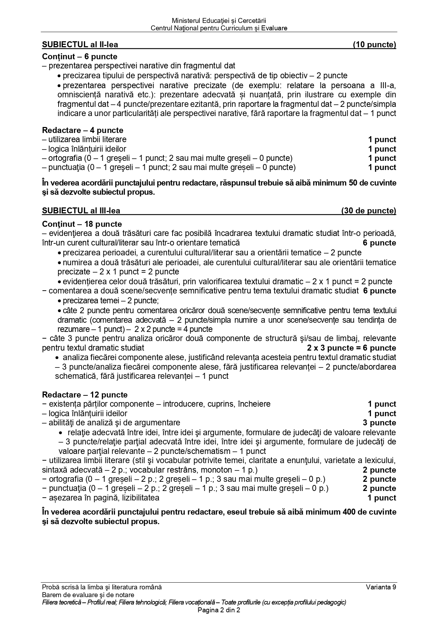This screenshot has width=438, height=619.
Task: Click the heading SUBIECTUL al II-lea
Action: click(x=80, y=45)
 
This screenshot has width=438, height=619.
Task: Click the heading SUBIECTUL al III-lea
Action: click(x=81, y=211)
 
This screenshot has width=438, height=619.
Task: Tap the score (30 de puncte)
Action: click(x=368, y=211)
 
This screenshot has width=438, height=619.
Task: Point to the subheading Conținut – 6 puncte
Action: click(x=79, y=57)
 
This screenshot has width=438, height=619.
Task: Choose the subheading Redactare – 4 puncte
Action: click(x=83, y=131)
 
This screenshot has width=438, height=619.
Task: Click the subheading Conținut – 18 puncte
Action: click(x=82, y=224)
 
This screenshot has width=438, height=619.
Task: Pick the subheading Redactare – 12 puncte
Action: click(x=85, y=395)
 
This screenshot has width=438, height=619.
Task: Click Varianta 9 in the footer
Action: click(x=381, y=587)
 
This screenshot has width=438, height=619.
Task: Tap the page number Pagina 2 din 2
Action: click(x=219, y=610)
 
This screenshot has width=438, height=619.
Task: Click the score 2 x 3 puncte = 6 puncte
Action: click(x=352, y=348)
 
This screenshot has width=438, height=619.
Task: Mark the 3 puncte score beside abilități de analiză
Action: click(x=379, y=423)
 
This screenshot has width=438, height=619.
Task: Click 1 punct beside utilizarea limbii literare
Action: click(x=382, y=140)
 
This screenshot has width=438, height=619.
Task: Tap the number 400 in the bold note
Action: click(x=349, y=512)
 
